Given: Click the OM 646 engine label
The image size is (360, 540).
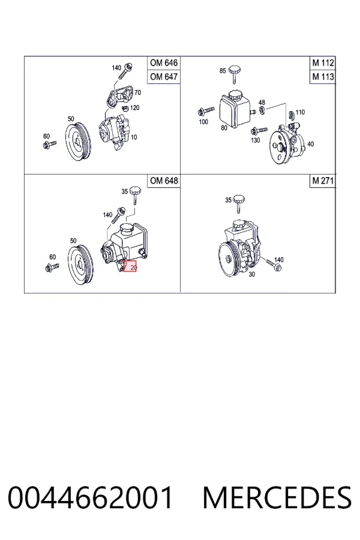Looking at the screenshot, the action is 164,63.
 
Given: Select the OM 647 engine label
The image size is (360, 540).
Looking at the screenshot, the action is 164,76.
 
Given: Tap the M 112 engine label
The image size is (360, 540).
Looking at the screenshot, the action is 323,63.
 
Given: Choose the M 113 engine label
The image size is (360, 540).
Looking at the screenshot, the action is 323,76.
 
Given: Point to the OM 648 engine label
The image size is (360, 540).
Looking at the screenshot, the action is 164,181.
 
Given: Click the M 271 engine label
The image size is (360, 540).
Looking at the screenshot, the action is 323,181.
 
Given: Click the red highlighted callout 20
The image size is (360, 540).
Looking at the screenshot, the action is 130,266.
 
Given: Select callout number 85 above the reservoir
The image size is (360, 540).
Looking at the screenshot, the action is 223,71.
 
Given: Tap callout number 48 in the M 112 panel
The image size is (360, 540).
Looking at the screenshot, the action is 262,102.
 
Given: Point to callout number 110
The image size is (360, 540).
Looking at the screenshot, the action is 300,112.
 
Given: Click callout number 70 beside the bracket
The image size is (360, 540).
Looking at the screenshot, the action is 137,92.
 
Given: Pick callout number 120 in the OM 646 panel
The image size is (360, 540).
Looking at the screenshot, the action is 134,108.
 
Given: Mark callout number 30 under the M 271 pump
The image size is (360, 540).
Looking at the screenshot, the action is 252,274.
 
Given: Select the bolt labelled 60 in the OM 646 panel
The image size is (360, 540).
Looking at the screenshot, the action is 50,144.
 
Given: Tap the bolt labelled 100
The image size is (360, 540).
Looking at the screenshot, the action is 206,110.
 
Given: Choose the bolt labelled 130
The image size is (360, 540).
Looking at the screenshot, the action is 259,131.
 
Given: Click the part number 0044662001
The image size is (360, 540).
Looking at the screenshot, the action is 90,497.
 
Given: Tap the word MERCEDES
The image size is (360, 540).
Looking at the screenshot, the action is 277,497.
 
